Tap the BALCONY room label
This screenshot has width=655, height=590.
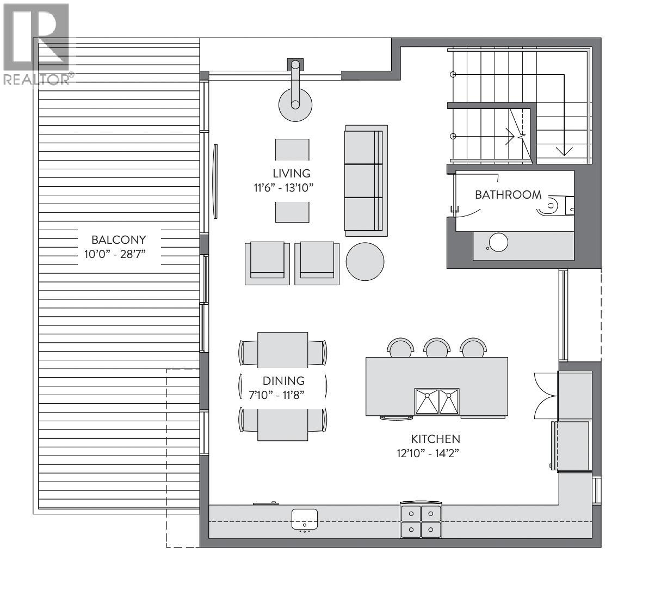(119, 239)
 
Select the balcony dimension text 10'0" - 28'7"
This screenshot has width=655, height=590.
(119, 254)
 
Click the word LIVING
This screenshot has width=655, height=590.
(292, 174)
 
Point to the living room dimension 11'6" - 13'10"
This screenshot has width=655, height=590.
(281, 188)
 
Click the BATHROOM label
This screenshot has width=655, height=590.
(508, 195)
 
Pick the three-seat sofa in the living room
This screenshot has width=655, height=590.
(366, 180)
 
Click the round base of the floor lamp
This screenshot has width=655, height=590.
(295, 105)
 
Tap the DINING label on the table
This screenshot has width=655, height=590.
(283, 381)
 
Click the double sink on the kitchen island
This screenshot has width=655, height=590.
(437, 401)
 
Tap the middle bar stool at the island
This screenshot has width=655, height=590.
(437, 348)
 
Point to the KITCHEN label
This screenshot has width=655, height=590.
(435, 439)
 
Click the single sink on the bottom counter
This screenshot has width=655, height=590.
(305, 519)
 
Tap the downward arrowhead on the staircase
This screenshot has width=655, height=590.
(564, 151)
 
